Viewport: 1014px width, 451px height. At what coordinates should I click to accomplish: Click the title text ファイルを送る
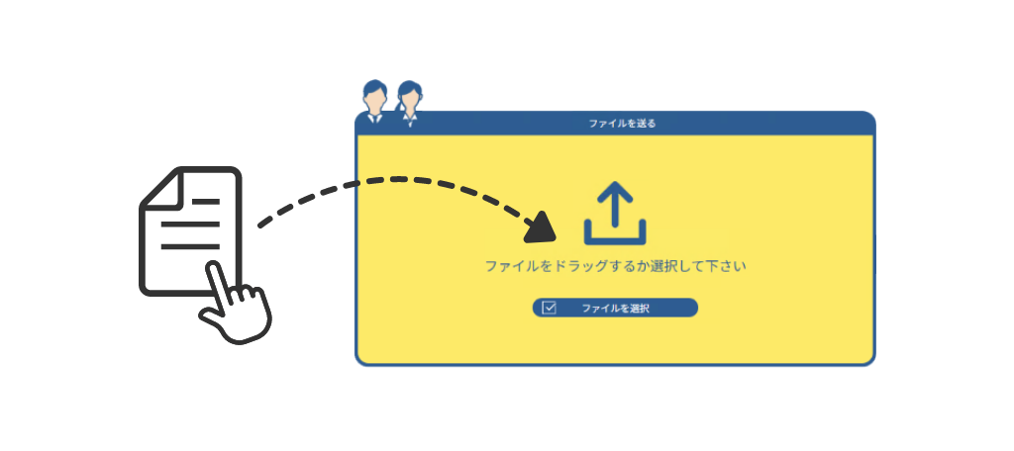pos(622,124)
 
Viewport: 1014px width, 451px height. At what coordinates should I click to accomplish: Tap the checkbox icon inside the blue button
pos(550,308)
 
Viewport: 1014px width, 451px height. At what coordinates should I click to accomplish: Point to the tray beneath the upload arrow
pos(615,237)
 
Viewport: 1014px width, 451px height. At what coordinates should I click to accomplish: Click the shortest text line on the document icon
pos(206,202)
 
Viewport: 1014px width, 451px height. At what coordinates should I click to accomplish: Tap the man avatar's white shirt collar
pos(374,117)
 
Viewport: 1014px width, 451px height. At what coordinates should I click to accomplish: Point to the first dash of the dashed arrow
pos(264,224)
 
